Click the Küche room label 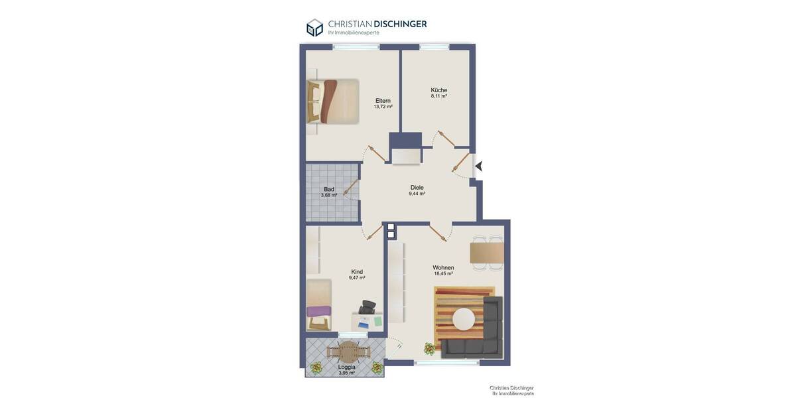[438, 90]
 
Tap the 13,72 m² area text [383, 107]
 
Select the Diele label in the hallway [417, 188]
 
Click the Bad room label [329, 189]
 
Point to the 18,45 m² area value [443, 274]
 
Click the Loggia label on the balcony [346, 367]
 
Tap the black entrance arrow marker [478, 166]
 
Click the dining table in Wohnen [487, 253]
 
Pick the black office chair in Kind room [368, 307]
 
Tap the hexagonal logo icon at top [314, 28]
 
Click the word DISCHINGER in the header [400, 24]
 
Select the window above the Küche [434, 47]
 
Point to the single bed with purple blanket [319, 305]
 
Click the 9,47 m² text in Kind [357, 278]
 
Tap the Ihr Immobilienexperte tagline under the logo [354, 33]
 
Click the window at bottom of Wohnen [446, 363]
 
